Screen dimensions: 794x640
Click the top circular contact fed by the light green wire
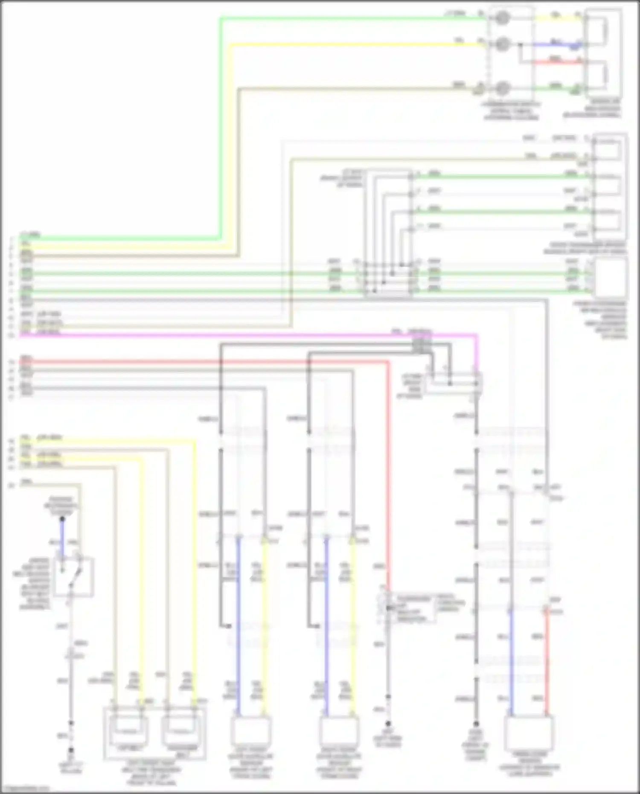click(x=503, y=18)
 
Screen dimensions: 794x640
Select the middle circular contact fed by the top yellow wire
click(x=503, y=44)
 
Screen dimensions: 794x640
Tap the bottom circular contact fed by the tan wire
click(x=503, y=88)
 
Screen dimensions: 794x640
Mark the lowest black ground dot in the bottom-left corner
click(x=71, y=750)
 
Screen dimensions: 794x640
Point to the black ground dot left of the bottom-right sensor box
click(x=476, y=724)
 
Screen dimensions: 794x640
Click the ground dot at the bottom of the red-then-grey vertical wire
click(x=388, y=724)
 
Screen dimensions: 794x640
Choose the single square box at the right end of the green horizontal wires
click(x=610, y=277)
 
